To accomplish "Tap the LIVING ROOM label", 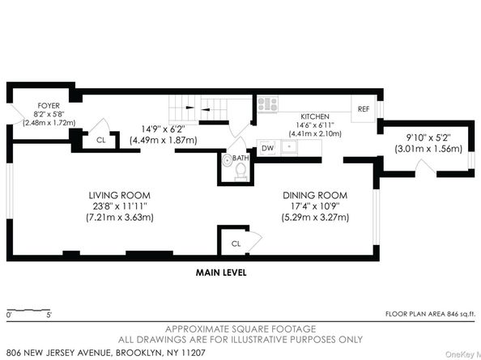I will [119, 195].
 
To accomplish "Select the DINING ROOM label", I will [315, 195].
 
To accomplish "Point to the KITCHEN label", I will [315, 116].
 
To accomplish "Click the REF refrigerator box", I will [364, 108].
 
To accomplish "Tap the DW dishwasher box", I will [268, 147].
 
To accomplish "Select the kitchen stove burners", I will [268, 104].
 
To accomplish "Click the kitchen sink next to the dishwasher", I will [289, 147].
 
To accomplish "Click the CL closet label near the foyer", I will [100, 139].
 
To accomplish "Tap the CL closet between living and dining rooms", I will [236, 243].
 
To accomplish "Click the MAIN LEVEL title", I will [221, 273].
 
